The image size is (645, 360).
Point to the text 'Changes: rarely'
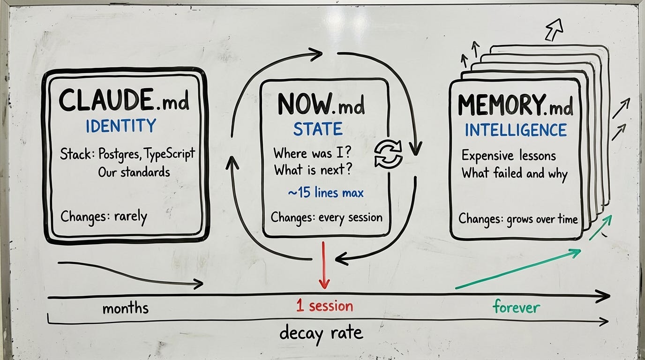104,217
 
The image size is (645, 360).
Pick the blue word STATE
318,129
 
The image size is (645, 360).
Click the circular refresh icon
389,155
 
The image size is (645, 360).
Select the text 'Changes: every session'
326,217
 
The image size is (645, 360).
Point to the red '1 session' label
324,307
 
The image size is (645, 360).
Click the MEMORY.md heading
515,106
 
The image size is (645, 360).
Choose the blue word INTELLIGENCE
516,130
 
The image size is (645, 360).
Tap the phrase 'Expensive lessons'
509,155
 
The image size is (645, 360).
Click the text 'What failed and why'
514,173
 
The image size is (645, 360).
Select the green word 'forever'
516,307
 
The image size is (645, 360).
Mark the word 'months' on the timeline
125,308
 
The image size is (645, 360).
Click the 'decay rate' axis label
321,333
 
